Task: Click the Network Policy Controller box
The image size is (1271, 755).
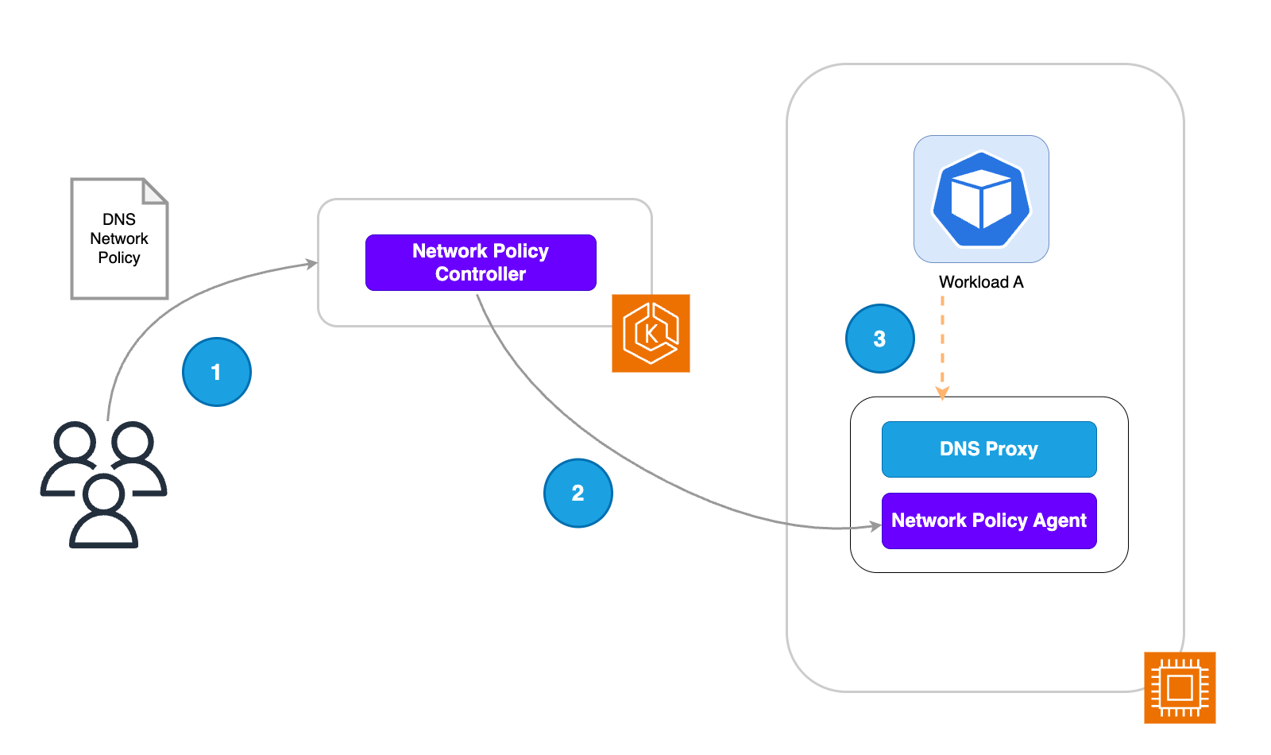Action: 481,262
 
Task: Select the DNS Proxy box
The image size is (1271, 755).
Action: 989,449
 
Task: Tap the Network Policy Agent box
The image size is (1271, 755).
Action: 989,521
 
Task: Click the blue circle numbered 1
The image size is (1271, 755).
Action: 217,372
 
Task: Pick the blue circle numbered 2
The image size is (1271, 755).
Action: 578,493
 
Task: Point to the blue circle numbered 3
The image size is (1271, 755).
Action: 880,339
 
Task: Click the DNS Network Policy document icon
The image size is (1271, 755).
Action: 119,238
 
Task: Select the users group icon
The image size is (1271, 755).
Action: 104,485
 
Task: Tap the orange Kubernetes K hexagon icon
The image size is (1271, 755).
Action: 651,333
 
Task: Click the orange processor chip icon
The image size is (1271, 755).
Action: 1180,687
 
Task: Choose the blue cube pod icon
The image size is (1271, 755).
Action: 981,199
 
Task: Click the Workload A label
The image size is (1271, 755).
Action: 981,282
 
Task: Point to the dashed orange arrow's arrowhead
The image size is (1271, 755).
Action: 942,393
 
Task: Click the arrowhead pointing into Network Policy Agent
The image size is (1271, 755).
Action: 875,526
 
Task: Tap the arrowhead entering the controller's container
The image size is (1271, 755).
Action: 312,264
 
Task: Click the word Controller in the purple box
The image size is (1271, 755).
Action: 481,274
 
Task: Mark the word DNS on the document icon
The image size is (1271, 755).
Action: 119,219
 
